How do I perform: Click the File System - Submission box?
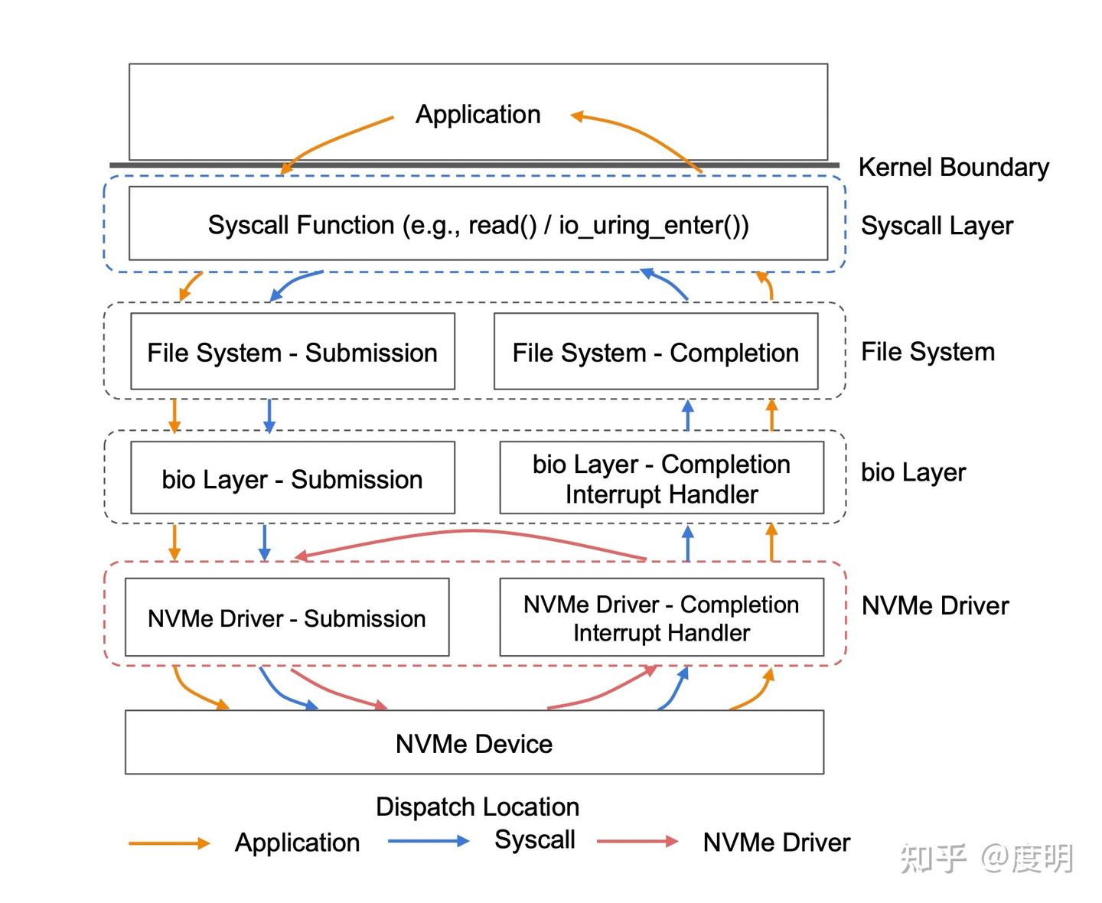tap(292, 351)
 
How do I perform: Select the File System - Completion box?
tap(656, 351)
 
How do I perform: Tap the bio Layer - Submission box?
tap(292, 478)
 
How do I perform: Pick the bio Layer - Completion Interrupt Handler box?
tap(661, 478)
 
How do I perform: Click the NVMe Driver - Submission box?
tap(287, 617)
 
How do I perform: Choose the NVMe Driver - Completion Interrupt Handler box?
tap(661, 617)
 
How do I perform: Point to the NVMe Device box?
tap(474, 742)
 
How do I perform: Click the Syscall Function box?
tap(478, 223)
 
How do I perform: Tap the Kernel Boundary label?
tap(954, 168)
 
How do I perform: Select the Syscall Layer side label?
tap(937, 227)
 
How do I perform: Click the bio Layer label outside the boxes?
tap(914, 473)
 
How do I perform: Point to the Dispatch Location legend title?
tap(478, 807)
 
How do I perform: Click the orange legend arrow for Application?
tap(169, 843)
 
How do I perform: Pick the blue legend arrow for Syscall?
tap(429, 841)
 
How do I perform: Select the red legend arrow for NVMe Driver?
tap(637, 841)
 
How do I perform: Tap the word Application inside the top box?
tap(478, 114)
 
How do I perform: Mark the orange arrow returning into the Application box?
tap(635, 130)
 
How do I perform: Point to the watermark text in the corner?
tap(986, 859)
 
